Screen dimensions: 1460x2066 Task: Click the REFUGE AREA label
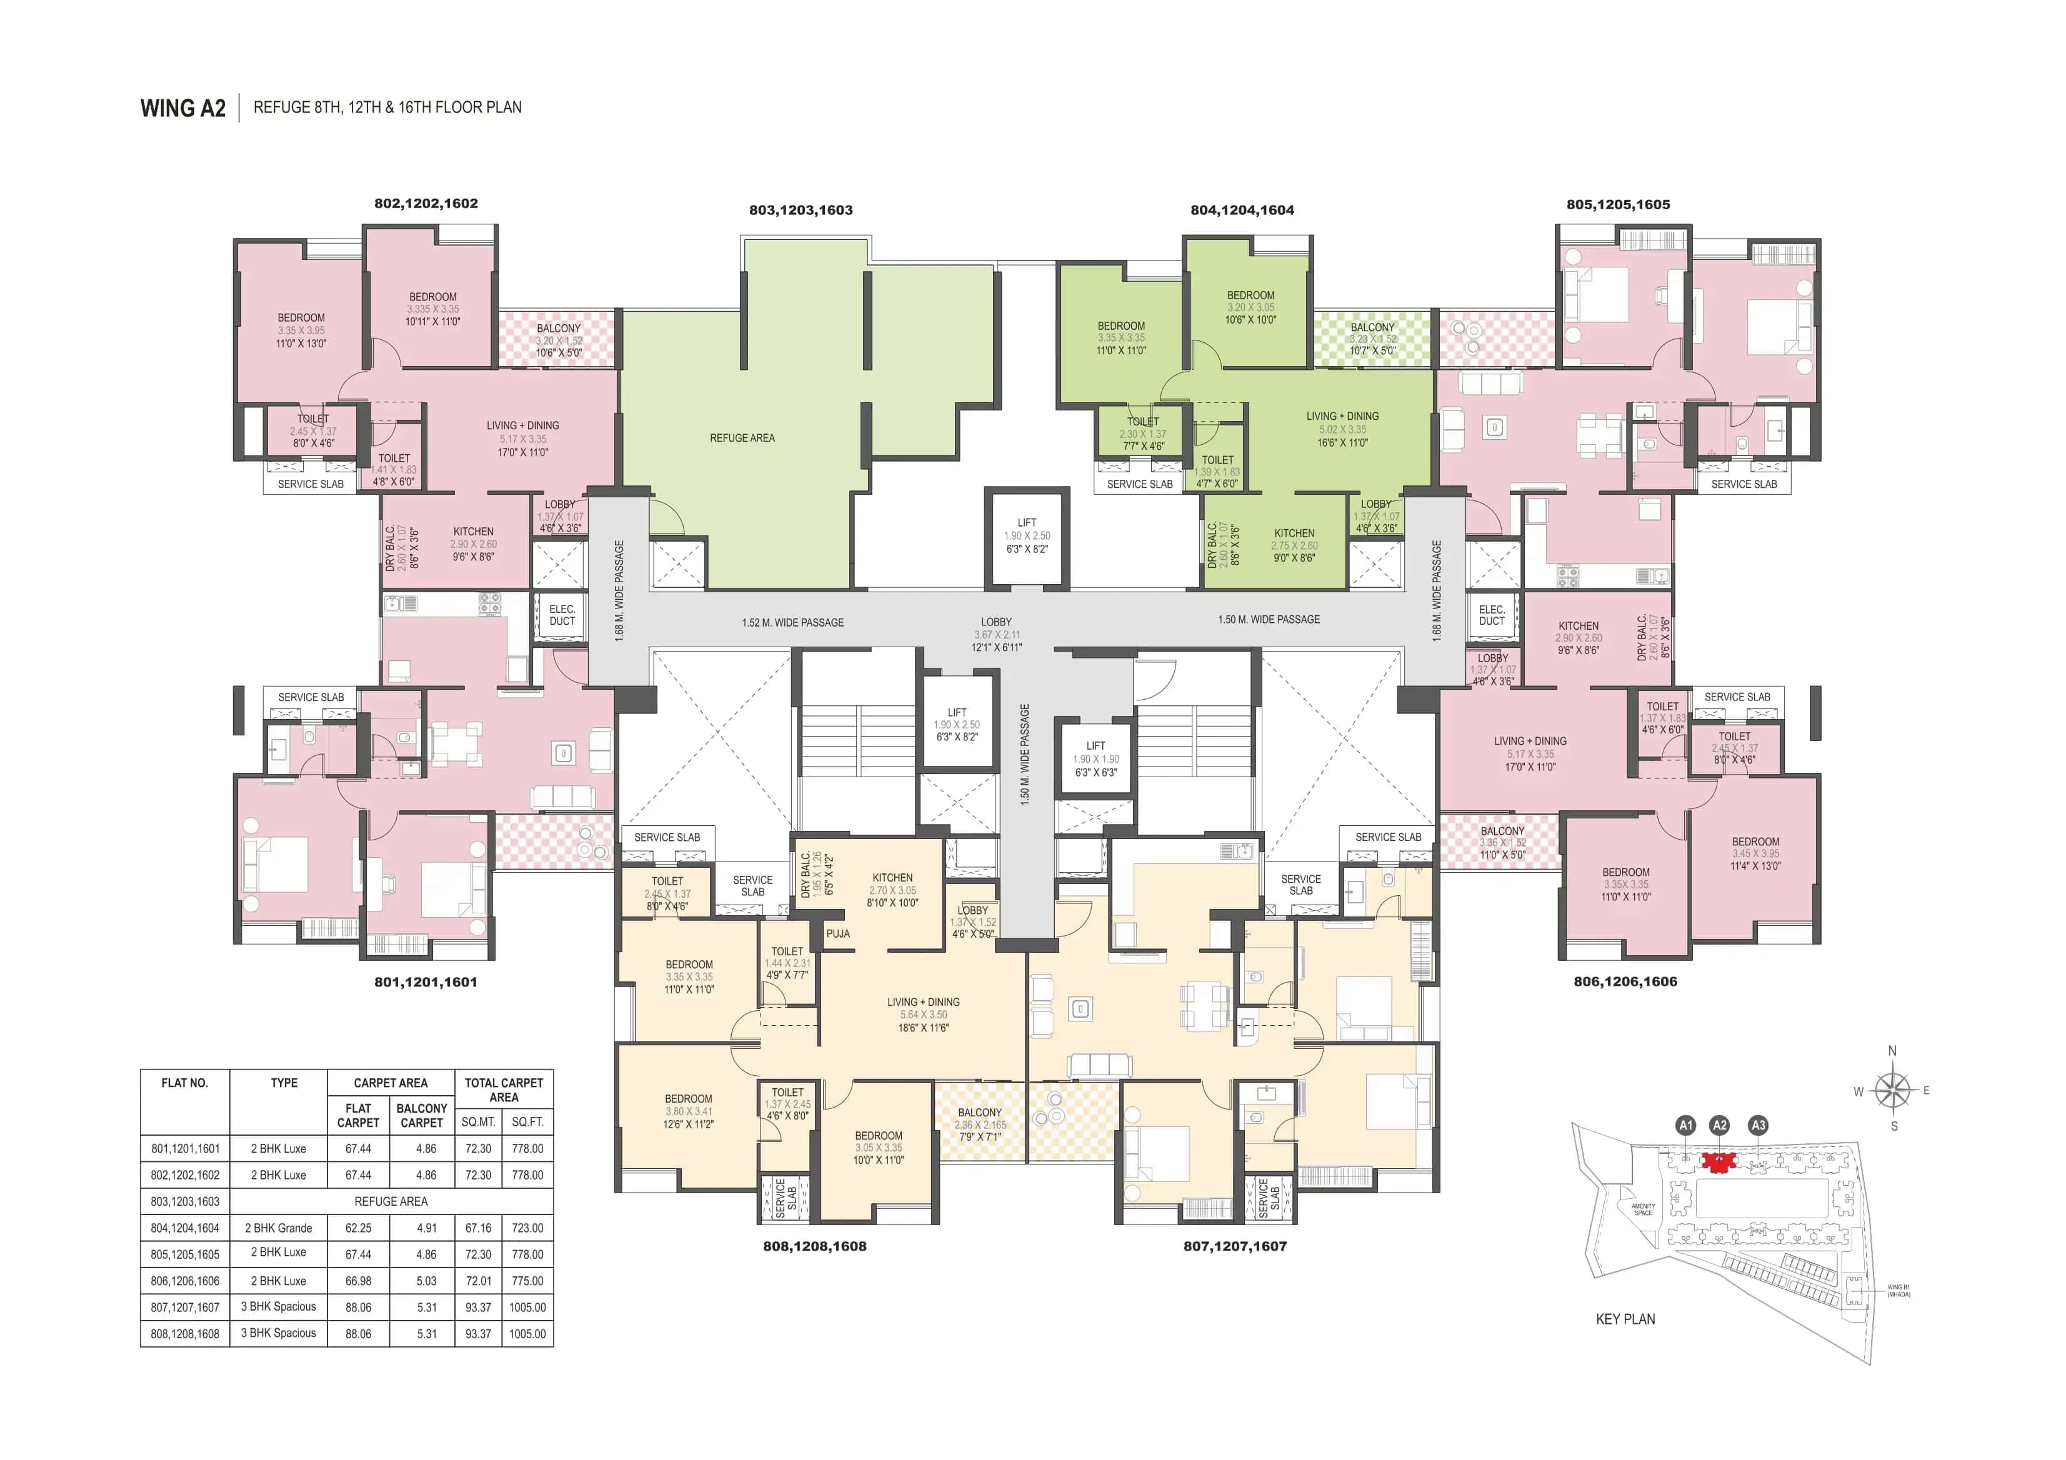coord(741,438)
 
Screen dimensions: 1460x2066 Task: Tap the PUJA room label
coord(838,934)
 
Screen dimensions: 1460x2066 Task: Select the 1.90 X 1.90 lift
coord(1095,758)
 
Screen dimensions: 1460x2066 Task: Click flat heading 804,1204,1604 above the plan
coord(1242,210)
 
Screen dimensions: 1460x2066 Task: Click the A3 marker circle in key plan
coord(1757,1125)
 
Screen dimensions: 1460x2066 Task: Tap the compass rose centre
coord(1894,1090)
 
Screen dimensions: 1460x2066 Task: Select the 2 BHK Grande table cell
coord(278,1228)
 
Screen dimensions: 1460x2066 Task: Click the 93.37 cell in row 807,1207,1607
coord(478,1307)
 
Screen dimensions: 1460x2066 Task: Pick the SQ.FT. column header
coord(527,1122)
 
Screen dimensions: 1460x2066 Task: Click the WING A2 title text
coord(182,108)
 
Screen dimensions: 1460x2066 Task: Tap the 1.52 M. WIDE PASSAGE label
coord(793,622)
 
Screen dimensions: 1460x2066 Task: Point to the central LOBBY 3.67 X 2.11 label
coord(996,634)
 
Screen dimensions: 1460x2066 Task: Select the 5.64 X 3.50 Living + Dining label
coord(923,1014)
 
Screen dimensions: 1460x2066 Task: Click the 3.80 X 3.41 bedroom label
coord(689,1111)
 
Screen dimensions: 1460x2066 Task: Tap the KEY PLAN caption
coord(1625,1319)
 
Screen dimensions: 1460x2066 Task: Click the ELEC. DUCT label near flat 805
coord(1491,615)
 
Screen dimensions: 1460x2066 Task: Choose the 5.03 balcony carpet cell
coord(427,1281)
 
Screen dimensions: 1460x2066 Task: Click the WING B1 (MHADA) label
coord(1899,1291)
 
